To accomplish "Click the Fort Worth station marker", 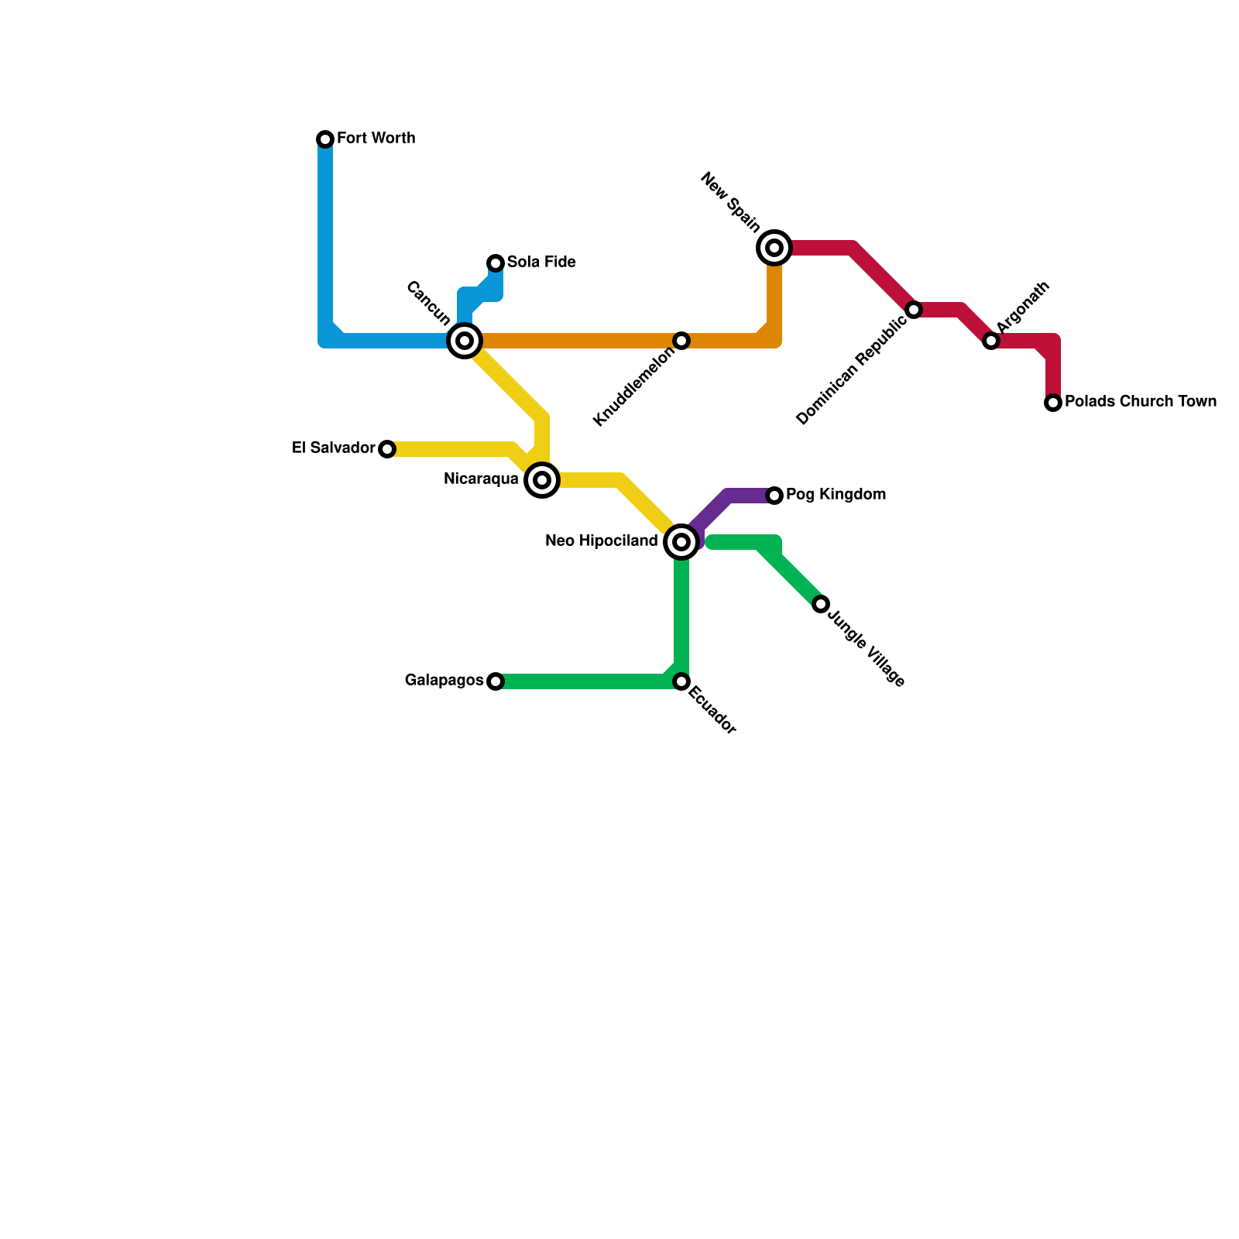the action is point(325,139).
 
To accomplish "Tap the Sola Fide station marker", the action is point(496,263).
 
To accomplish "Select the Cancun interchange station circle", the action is point(465,341).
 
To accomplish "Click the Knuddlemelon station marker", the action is point(681,341).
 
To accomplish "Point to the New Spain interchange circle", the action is point(774,248).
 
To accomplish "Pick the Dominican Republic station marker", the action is point(914,310).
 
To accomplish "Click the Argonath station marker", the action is point(991,341).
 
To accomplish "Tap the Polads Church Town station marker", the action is point(1053,403).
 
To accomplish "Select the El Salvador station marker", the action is point(387,449).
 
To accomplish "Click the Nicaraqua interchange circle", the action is point(542,480).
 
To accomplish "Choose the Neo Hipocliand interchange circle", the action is point(681,542).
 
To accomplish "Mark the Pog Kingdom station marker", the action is point(774,496).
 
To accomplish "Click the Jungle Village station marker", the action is point(821,604).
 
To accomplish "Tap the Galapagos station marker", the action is point(496,681).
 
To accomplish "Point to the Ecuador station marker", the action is point(681,681).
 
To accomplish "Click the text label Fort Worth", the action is point(376,139).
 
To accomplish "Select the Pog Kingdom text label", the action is point(836,495).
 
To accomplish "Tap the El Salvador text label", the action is point(333,448).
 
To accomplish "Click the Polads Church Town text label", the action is point(1140,402).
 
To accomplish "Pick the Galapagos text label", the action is point(444,681).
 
